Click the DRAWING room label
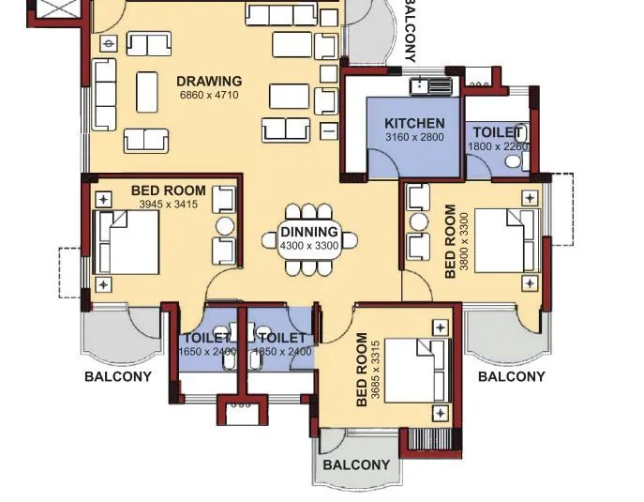[209, 82]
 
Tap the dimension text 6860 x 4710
[209, 96]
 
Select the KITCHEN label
[414, 124]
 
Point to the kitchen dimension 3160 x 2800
[414, 138]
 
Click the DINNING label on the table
[308, 232]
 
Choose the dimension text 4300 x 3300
[308, 245]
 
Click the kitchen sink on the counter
[431, 86]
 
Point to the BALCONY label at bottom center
[356, 465]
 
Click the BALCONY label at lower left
[117, 377]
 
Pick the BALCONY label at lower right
[511, 377]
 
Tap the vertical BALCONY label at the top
[410, 30]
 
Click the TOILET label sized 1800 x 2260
[497, 132]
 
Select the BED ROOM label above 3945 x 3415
[168, 190]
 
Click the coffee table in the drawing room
[148, 92]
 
